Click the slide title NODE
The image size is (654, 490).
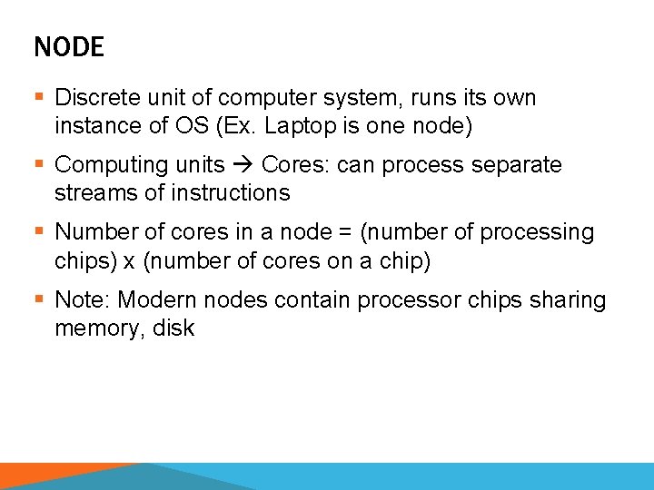pyautogui.click(x=69, y=47)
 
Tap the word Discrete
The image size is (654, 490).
pyautogui.click(x=92, y=97)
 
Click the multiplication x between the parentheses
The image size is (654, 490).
pyautogui.click(x=128, y=261)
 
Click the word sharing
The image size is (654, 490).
pyautogui.click(x=563, y=299)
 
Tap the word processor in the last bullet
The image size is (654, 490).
pyautogui.click(x=403, y=299)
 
